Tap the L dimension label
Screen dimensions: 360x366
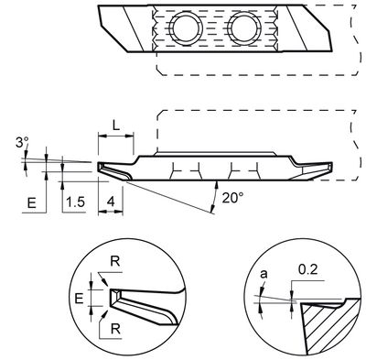click(x=113, y=122)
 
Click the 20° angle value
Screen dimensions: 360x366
click(x=231, y=196)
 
